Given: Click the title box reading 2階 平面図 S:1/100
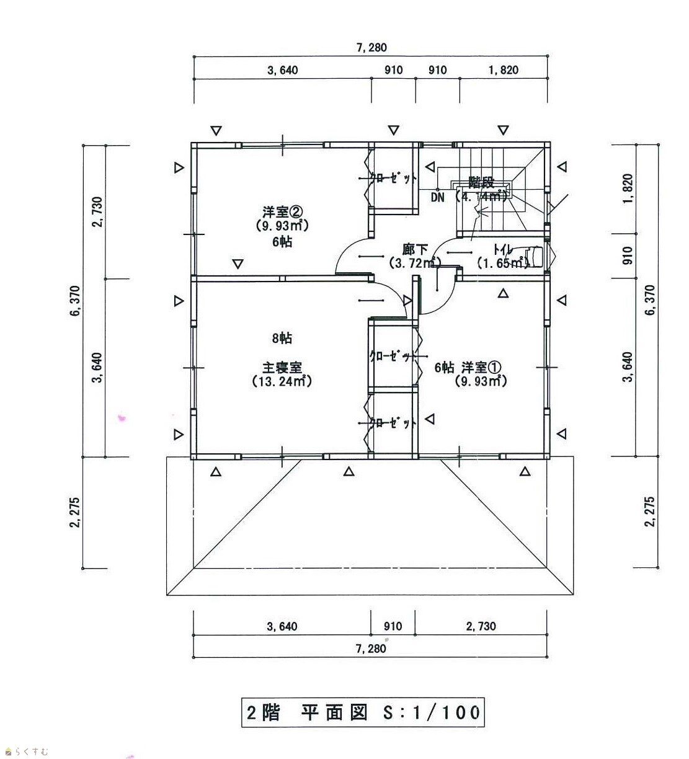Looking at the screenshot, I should coord(363,712).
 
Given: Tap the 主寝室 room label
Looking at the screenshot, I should coord(282,368).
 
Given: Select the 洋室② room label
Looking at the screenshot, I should coord(282,212).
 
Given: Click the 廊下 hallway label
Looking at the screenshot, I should coord(415,250).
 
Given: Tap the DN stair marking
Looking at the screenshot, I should coord(438,197).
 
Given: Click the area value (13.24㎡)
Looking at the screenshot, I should coord(282,381).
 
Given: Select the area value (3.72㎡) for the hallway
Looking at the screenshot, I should coord(414,263).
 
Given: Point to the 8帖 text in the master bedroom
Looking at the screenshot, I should coord(282,338).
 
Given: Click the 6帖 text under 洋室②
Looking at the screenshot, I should coord(282,242).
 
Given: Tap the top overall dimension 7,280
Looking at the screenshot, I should coord(371,48).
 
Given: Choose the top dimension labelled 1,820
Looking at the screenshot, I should coord(504,70).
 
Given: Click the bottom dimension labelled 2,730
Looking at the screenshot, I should coord(481,626).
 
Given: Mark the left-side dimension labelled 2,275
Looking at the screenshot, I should coord(75,512).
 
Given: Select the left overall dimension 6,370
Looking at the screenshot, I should coord(75,301).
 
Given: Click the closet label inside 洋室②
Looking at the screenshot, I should coord(393,178).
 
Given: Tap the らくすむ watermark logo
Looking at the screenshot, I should coord(27,752).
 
